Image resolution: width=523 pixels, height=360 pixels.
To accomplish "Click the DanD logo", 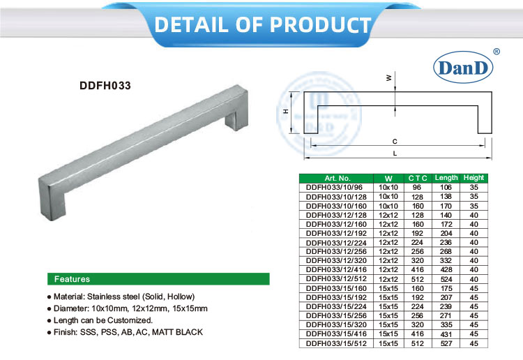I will (464, 68).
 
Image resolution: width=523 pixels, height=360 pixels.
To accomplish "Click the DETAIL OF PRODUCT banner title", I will (262, 24).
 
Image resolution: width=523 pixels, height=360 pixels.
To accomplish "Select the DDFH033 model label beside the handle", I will (105, 87).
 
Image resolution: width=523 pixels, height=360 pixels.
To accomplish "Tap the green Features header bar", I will (158, 279).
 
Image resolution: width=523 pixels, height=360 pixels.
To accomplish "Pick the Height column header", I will (474, 178).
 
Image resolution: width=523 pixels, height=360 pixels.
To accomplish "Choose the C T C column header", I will (417, 179).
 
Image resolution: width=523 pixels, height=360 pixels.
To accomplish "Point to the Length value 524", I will (446, 279).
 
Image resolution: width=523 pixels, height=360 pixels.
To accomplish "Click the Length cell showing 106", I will (446, 188).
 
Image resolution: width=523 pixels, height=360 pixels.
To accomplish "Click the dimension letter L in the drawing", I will (395, 153).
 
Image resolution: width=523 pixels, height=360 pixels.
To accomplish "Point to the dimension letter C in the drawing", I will (395, 140).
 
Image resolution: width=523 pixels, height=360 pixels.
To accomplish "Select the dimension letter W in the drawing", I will (389, 79).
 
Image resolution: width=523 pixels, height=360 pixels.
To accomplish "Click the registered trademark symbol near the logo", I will (496, 52).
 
